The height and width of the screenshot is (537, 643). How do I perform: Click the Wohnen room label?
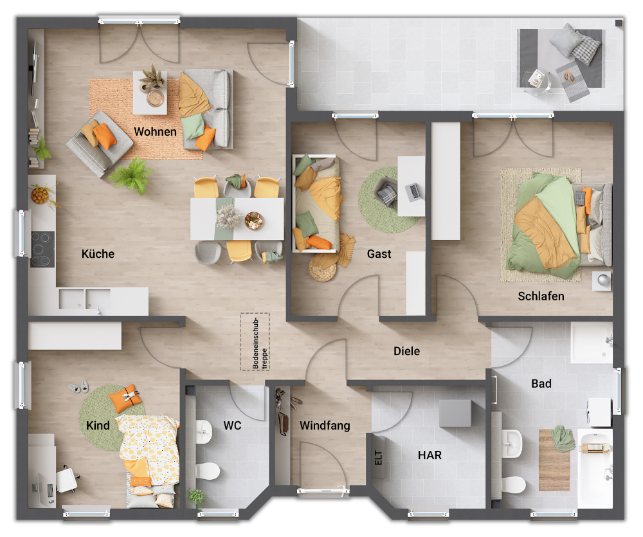coord(155,132)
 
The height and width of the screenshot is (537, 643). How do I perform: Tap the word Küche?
coord(98,254)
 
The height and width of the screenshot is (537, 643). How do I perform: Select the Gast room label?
coord(379,254)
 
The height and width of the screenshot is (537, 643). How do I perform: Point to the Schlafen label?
coord(541,296)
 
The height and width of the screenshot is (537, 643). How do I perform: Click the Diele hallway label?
coord(407,351)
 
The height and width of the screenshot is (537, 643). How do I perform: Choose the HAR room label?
coord(430,455)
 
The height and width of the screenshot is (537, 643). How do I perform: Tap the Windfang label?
coord(325,426)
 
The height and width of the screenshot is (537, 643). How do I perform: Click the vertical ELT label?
coord(378,457)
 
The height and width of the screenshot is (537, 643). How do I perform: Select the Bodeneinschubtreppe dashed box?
coord(255,341)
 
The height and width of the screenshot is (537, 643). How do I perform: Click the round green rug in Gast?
coord(389,200)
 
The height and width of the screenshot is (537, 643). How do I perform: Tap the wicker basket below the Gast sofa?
coord(323,268)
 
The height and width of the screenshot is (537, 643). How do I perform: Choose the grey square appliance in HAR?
coord(455,413)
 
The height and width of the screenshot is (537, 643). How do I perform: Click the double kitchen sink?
coord(86,298)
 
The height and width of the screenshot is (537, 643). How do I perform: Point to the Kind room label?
coord(98,426)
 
